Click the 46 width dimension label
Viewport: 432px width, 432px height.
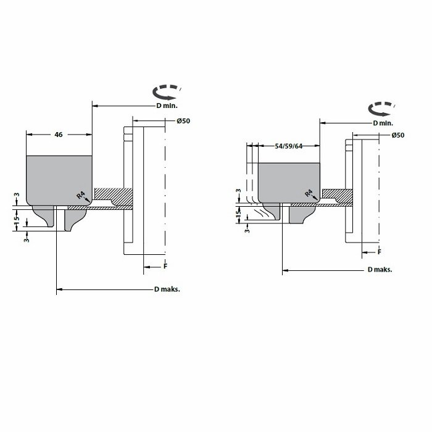point(59,135)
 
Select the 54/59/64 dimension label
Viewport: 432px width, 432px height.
point(288,146)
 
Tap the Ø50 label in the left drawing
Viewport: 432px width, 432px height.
point(183,121)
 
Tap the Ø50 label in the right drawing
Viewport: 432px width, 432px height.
point(398,135)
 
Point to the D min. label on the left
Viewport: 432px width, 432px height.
point(167,106)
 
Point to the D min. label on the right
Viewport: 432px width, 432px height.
point(383,123)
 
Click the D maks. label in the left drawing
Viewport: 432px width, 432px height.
point(167,289)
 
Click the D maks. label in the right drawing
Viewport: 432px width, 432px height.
point(380,270)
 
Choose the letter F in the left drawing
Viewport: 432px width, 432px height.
point(165,266)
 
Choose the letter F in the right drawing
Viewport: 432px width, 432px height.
point(380,252)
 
